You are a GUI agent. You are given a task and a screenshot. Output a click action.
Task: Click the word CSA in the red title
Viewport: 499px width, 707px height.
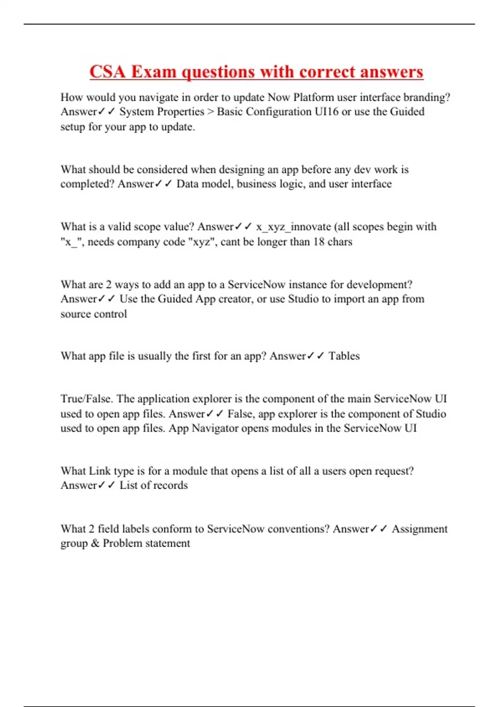[x=107, y=72]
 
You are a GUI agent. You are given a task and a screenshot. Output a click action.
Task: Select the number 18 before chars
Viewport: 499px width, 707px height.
[x=319, y=242]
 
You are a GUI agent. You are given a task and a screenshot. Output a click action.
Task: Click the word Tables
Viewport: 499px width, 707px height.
[x=344, y=356]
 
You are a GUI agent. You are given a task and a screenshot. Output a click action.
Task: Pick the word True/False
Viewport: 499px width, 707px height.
[x=87, y=399]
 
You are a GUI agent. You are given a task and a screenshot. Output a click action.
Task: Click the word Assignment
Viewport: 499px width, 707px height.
[x=420, y=529]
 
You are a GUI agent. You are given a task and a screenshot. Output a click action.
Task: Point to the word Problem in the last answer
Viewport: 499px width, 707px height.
[x=122, y=544]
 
